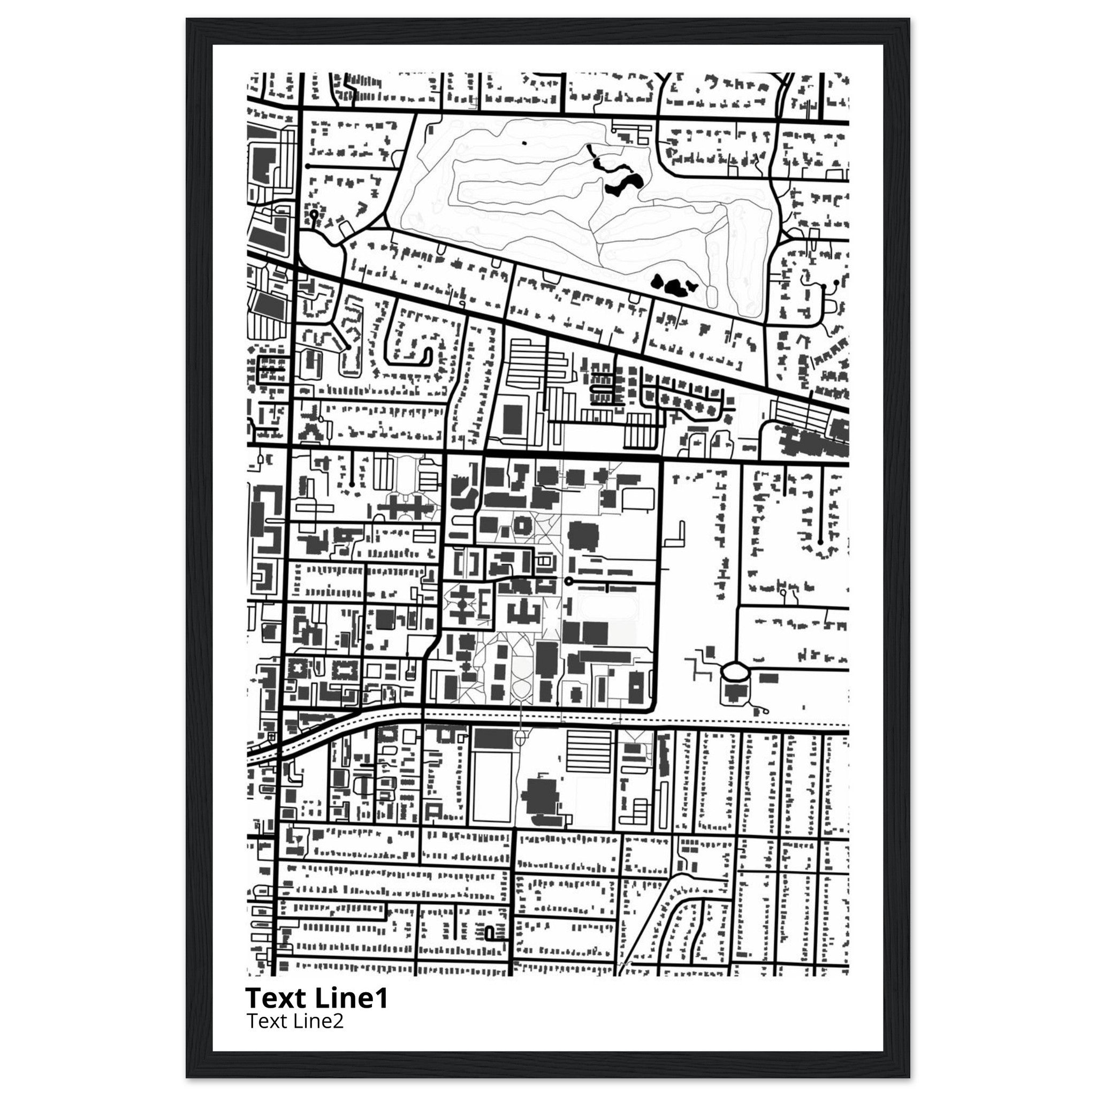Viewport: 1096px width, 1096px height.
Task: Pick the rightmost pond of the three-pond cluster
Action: pyautogui.click(x=692, y=285)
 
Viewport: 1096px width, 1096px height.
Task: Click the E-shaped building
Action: pyautogui.click(x=484, y=605)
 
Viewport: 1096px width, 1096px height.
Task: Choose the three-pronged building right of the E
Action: pyautogui.click(x=522, y=612)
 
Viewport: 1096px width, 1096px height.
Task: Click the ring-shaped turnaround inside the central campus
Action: pyautogui.click(x=568, y=581)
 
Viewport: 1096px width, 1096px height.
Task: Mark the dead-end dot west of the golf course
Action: pyautogui.click(x=307, y=166)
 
